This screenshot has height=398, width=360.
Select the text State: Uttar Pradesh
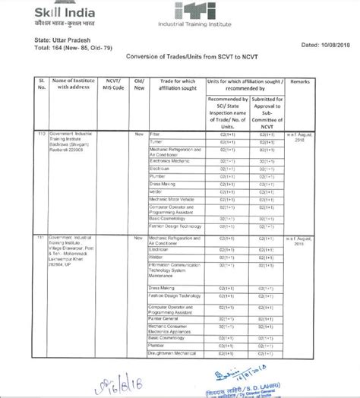62,38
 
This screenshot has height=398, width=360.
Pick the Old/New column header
138,84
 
